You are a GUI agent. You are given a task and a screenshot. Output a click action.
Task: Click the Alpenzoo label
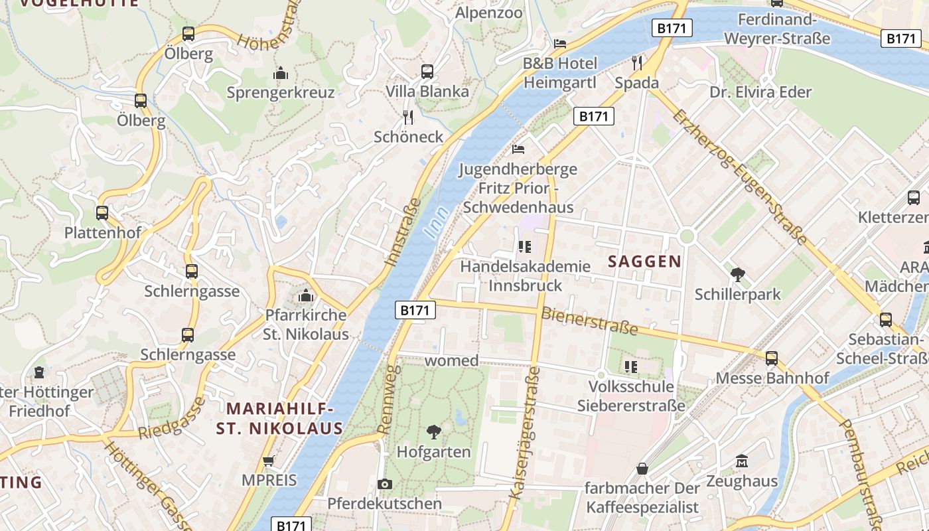[488, 13]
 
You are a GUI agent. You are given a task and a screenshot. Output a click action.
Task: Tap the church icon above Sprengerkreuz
[281, 72]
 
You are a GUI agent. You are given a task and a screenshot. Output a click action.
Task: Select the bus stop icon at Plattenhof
[102, 213]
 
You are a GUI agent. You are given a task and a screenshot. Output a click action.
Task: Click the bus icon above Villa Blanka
[427, 71]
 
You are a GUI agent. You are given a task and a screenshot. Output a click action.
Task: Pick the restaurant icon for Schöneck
[408, 117]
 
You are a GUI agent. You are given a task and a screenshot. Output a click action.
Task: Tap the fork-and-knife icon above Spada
[637, 63]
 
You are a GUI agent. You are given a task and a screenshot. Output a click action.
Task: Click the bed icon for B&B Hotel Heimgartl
[560, 44]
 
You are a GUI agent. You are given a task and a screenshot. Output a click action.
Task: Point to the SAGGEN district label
[645, 262]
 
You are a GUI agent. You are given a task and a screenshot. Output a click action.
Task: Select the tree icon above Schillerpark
[737, 274]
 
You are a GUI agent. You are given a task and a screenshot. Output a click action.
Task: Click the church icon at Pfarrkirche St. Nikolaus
[306, 295]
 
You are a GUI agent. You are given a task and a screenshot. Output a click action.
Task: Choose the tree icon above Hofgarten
[434, 432]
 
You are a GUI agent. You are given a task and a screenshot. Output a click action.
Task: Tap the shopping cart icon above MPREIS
[269, 460]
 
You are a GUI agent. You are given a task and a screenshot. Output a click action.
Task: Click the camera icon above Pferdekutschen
[384, 484]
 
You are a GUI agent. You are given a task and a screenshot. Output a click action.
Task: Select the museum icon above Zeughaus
[742, 461]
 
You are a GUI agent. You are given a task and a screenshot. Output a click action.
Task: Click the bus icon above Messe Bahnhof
[772, 358]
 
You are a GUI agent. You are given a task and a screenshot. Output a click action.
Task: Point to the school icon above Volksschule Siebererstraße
[630, 366]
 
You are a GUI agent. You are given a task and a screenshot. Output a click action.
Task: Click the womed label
[451, 360]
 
